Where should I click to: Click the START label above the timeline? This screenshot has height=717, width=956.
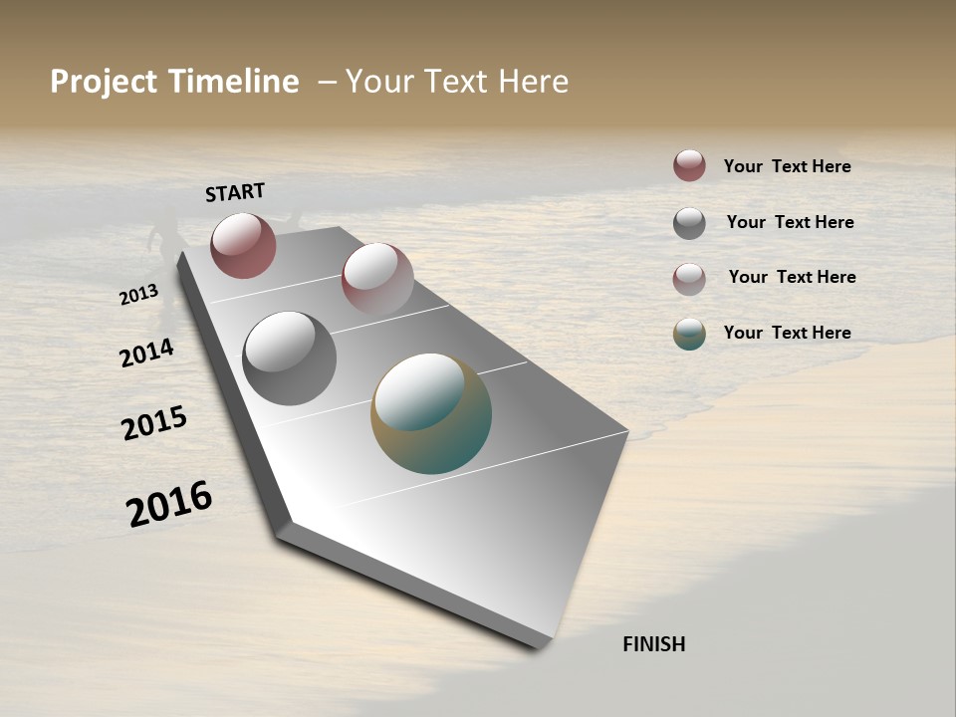pyautogui.click(x=235, y=192)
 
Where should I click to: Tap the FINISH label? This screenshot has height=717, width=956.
pyautogui.click(x=654, y=644)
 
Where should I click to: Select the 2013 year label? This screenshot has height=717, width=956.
pyautogui.click(x=138, y=294)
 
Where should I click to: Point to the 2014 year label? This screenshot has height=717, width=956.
pyautogui.click(x=147, y=353)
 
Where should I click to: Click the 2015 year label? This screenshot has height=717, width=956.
pyautogui.click(x=154, y=423)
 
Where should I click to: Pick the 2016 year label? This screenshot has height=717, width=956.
pyautogui.click(x=169, y=503)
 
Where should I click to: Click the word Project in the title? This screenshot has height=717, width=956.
pyautogui.click(x=104, y=82)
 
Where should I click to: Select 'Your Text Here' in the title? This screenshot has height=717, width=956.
pyautogui.click(x=457, y=82)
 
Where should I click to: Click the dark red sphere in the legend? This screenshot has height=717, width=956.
pyautogui.click(x=689, y=165)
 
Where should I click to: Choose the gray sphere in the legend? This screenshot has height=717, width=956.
pyautogui.click(x=689, y=223)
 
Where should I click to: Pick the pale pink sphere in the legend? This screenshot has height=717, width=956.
pyautogui.click(x=689, y=279)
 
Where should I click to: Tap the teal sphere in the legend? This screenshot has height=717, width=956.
pyautogui.click(x=689, y=334)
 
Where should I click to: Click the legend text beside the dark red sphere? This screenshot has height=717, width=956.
pyautogui.click(x=787, y=166)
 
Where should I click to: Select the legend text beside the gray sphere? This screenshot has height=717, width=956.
pyautogui.click(x=790, y=222)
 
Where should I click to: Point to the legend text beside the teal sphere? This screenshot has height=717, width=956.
pyautogui.click(x=787, y=333)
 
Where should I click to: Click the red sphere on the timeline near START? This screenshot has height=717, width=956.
pyautogui.click(x=243, y=245)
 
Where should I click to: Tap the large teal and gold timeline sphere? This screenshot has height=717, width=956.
pyautogui.click(x=431, y=413)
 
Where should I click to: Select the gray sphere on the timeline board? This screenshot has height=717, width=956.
pyautogui.click(x=289, y=358)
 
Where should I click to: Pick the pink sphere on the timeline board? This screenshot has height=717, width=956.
pyautogui.click(x=377, y=279)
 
